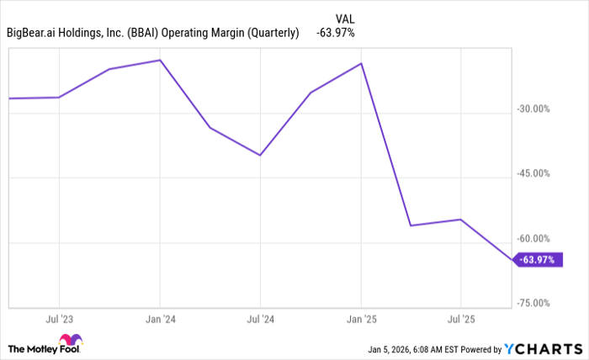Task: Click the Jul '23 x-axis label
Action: [x=58, y=320]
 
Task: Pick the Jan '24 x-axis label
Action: [x=159, y=320]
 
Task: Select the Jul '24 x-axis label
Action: [x=260, y=320]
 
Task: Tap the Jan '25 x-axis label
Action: [x=361, y=320]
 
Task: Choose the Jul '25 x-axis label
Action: [x=461, y=320]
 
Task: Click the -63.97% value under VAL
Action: [x=335, y=34]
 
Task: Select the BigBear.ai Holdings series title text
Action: [x=154, y=34]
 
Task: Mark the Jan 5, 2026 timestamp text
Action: [x=416, y=348]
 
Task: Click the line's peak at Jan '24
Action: [x=159, y=61]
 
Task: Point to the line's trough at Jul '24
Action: [x=260, y=156]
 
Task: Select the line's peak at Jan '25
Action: [x=361, y=63]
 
